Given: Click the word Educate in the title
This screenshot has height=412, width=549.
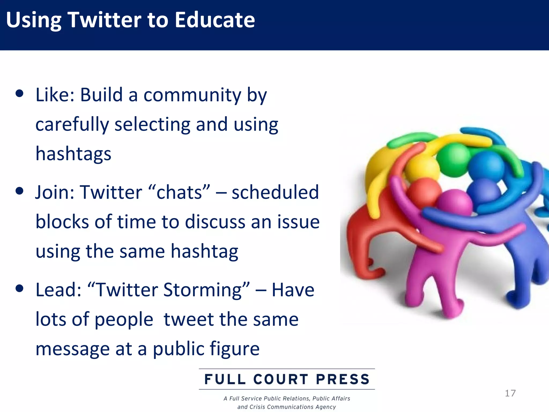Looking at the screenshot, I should point(214,20).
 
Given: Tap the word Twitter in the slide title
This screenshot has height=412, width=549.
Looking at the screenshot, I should point(105,20).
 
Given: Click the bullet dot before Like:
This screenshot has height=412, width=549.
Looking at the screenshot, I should point(19,94).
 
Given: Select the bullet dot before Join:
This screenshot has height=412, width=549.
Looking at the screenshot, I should point(19,191).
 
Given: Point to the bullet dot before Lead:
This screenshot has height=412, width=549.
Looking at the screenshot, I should point(19,289).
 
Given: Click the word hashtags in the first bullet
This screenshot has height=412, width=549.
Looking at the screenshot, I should point(73,154).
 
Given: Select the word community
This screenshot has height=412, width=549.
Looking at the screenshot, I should point(192,95).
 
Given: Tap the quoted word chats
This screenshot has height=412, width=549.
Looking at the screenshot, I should point(179,193).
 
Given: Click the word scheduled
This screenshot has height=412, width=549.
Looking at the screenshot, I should point(275,193).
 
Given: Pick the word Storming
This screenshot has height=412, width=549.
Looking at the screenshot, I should point(202,290).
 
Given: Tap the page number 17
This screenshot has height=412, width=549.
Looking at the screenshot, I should point(510,393).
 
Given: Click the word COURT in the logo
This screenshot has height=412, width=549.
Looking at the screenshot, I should point(280,379).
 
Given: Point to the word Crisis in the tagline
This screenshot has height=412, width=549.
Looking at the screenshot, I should point(258,407).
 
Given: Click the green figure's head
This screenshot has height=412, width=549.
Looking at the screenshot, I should point(454,160).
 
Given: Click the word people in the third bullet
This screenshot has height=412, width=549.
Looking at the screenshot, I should point(124,320).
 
